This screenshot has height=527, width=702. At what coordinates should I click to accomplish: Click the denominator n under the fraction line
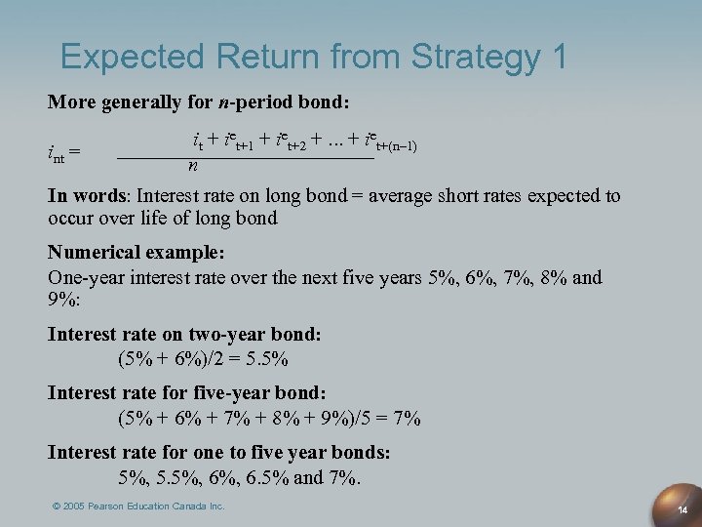point(194,166)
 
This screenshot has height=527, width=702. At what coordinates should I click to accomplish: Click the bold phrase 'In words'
point(90,196)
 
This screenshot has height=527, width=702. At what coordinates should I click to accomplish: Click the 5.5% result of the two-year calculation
point(267,358)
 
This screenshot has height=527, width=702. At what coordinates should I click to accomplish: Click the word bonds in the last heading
point(360,453)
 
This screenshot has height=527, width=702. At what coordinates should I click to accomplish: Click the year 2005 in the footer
point(77,507)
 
